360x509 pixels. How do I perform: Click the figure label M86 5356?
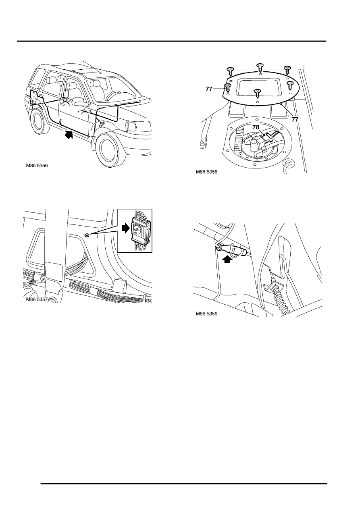click(x=37, y=166)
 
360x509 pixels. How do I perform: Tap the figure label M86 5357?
click(x=37, y=299)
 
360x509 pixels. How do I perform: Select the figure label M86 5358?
click(x=206, y=172)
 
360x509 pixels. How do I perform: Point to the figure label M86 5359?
click(x=206, y=314)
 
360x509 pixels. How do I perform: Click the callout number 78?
click(x=256, y=127)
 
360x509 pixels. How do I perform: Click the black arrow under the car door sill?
click(x=69, y=134)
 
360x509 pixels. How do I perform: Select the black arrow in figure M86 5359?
click(x=227, y=259)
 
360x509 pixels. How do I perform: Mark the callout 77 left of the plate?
click(x=209, y=89)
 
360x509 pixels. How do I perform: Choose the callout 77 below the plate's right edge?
click(x=295, y=119)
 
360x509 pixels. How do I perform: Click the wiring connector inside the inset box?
click(x=140, y=230)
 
